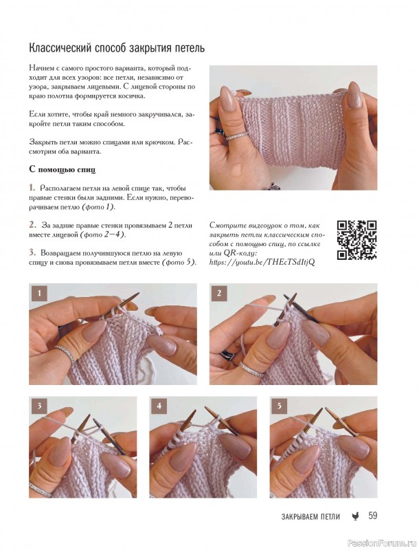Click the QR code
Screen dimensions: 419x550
[356, 240]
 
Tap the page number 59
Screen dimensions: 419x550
[372, 516]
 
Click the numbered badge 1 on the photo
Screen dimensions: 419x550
[39, 294]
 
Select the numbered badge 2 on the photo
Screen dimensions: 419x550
[219, 294]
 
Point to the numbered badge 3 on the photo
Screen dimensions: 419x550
[39, 406]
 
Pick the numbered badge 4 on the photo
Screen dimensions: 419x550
[159, 406]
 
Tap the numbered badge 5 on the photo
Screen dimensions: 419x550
[279, 406]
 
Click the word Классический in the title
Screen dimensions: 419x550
[60, 48]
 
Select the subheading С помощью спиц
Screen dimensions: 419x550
[63, 170]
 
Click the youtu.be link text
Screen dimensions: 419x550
[262, 262]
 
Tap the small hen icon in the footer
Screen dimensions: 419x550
[355, 516]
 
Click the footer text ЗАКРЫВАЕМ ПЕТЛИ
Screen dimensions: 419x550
[310, 516]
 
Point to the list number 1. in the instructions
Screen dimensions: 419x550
[32, 188]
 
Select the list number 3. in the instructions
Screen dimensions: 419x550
[32, 252]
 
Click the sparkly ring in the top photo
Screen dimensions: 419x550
[237, 135]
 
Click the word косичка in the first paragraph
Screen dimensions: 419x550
[131, 96]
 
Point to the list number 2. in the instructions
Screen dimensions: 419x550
[32, 225]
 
